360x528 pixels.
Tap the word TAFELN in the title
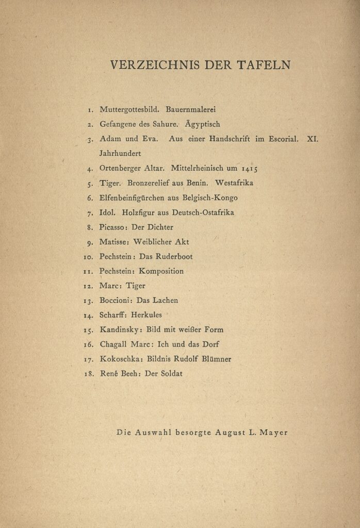tap(264, 65)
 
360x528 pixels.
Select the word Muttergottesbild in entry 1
tap(128, 110)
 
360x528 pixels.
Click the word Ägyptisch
tap(202, 124)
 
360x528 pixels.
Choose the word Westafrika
tap(234, 183)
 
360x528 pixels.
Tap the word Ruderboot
tap(175, 256)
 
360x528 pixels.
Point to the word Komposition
tap(161, 271)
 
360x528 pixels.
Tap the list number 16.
tap(89, 344)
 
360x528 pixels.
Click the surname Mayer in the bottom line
tap(274, 433)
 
